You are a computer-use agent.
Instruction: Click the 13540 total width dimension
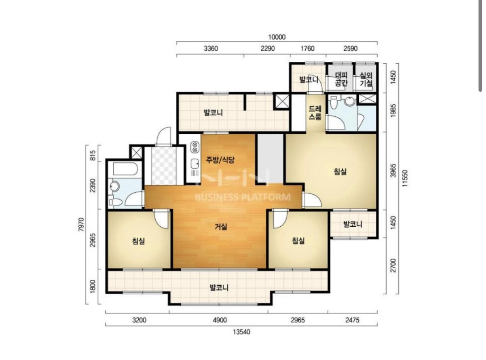coord(241,332)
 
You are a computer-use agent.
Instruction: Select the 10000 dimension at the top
coord(277,37)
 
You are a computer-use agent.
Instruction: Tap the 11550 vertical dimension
coord(405,178)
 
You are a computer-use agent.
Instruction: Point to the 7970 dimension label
coord(81,225)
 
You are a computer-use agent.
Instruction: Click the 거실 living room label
coord(221,227)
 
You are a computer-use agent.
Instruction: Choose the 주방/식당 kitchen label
coord(221,159)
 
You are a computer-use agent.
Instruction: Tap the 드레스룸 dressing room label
coord(315,113)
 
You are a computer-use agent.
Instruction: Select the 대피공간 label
coord(341,79)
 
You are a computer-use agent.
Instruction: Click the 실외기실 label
coord(366,79)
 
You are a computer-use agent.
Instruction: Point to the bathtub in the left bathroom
coord(125,169)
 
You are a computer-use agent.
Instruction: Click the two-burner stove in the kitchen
coord(195,147)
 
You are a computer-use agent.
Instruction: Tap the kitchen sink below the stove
coord(195,164)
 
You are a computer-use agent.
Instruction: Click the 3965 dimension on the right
coord(393,170)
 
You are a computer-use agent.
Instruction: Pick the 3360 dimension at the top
coord(211,48)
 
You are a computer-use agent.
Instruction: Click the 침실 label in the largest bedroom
coord(340,171)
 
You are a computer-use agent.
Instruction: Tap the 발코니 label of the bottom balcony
coord(219,287)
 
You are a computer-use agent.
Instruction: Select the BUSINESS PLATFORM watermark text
coord(243,197)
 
